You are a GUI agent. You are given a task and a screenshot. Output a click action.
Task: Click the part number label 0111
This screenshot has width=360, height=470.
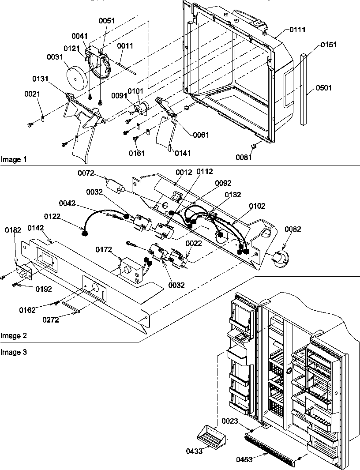coord(298,30)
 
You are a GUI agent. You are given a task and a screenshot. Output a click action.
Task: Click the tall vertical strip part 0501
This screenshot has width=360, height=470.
coord(303,88)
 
